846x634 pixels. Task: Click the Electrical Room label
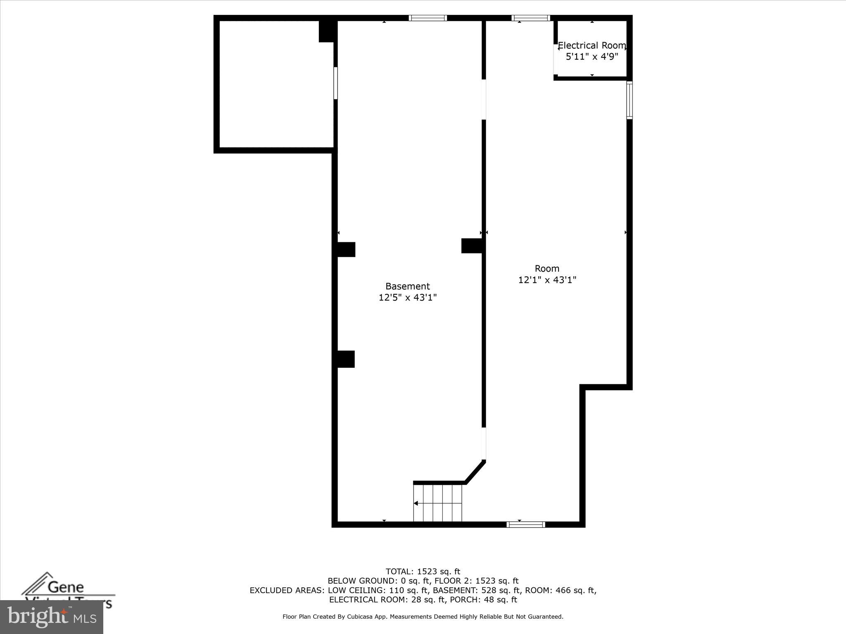pyautogui.click(x=592, y=45)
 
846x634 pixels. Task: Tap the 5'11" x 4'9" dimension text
pyautogui.click(x=592, y=57)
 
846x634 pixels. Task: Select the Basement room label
pyautogui.click(x=407, y=286)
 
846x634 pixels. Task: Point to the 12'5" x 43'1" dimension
pyautogui.click(x=407, y=297)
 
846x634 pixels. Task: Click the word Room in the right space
pyautogui.click(x=547, y=268)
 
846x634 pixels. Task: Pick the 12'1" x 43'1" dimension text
pyautogui.click(x=547, y=280)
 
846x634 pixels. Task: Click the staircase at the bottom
pyautogui.click(x=437, y=503)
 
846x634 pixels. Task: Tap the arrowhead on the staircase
pyautogui.click(x=416, y=503)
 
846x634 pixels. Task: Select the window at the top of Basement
pyautogui.click(x=428, y=18)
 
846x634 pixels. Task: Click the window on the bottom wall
pyautogui.click(x=525, y=525)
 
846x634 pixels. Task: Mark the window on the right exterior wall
pyautogui.click(x=629, y=100)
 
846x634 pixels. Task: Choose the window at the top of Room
pyautogui.click(x=530, y=18)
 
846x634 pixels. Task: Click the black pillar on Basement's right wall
pyautogui.click(x=471, y=246)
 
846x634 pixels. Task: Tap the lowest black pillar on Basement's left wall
pyautogui.click(x=345, y=359)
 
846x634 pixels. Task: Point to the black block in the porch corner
pyautogui.click(x=327, y=31)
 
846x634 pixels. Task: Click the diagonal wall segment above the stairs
pyautogui.click(x=475, y=471)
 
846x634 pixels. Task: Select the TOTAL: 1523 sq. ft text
pyautogui.click(x=423, y=572)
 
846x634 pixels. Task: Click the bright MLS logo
pyautogui.click(x=52, y=617)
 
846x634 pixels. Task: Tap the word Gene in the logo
pyautogui.click(x=66, y=587)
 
